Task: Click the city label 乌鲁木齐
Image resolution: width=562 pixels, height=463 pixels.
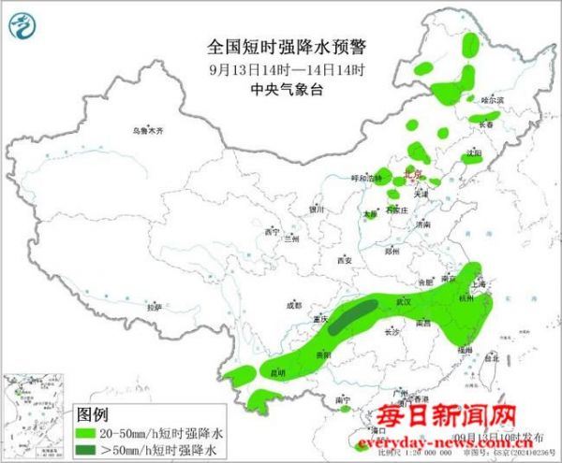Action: tap(147, 132)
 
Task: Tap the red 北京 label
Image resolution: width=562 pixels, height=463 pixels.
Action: tap(412, 174)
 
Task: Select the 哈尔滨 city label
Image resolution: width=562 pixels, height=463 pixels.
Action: tap(492, 99)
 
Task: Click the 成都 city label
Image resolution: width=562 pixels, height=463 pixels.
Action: tap(294, 305)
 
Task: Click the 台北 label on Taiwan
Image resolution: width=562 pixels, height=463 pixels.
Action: tap(490, 356)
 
